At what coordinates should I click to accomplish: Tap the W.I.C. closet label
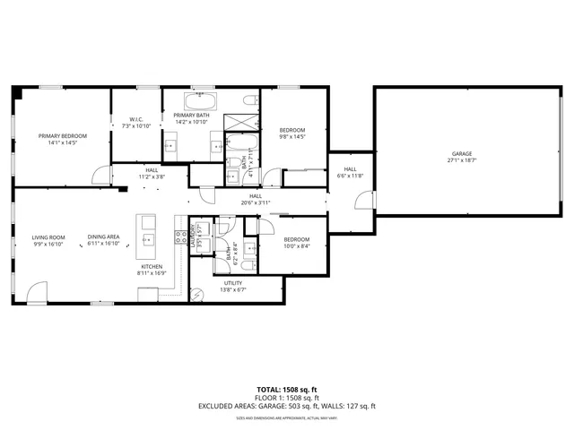pyautogui.click(x=136, y=119)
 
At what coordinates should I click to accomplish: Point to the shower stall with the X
pyautogui.click(x=242, y=121)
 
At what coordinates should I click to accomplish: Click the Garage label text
pyautogui.click(x=462, y=154)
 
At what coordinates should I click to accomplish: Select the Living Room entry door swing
pyautogui.click(x=35, y=292)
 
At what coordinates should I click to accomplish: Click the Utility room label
pyautogui.click(x=233, y=284)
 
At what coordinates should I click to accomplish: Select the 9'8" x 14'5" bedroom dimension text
pyautogui.click(x=292, y=137)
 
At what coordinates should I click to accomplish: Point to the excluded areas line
pyautogui.click(x=286, y=406)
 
